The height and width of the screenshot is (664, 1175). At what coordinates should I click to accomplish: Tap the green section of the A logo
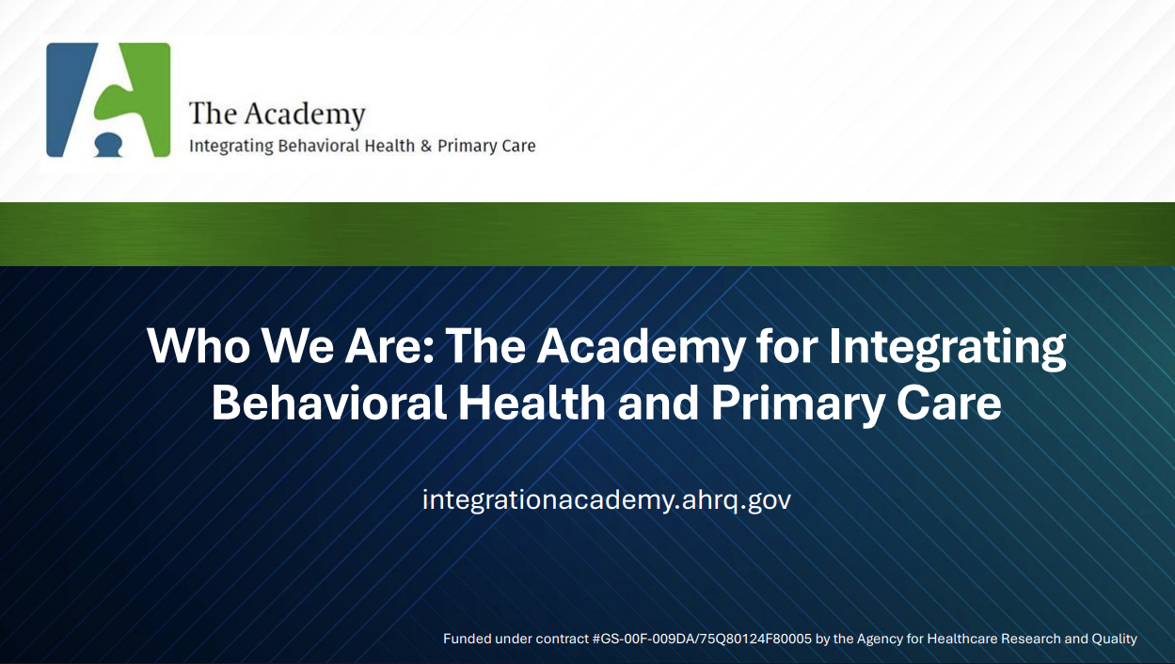[141, 94]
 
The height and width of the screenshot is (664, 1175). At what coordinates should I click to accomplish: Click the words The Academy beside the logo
[277, 114]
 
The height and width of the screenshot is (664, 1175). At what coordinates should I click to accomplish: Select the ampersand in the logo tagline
[425, 146]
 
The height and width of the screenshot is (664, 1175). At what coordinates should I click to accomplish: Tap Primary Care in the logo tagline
[486, 146]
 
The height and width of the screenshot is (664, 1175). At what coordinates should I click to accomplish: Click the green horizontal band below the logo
[587, 234]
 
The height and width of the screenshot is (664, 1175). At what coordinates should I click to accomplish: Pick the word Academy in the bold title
[640, 346]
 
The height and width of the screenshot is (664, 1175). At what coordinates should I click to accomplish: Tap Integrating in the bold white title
[947, 346]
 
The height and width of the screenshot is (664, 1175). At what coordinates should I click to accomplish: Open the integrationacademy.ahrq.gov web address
[607, 499]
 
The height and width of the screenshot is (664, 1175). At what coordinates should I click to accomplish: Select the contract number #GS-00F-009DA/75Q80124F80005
[702, 639]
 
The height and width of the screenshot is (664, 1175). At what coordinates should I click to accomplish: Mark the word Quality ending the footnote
[1114, 639]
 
